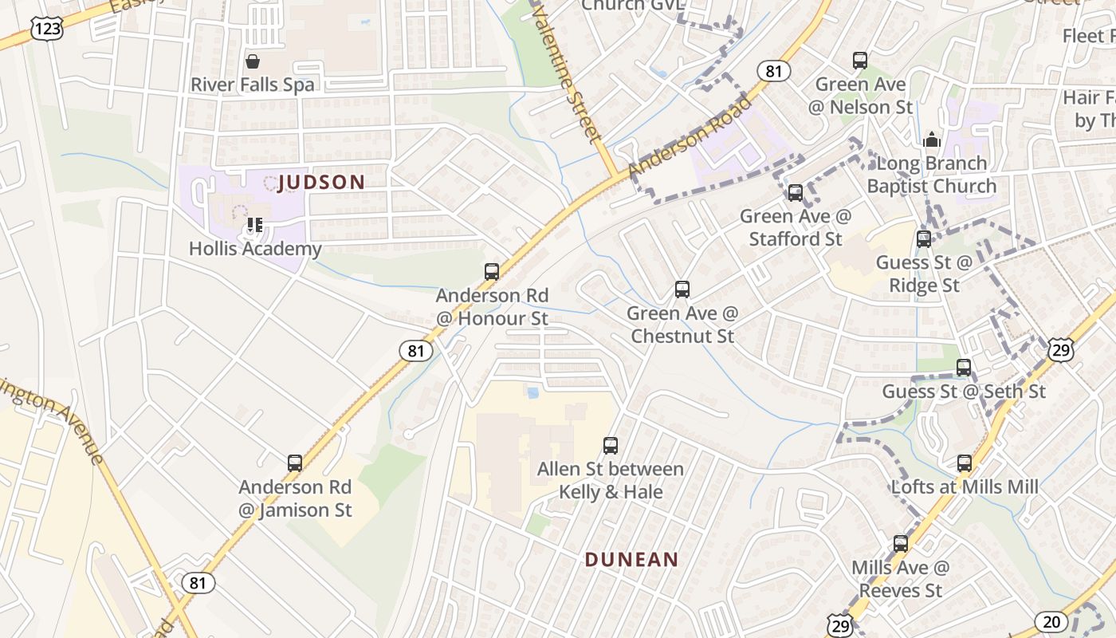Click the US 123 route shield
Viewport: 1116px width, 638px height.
(x=47, y=30)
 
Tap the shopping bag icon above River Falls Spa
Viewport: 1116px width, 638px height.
(x=253, y=61)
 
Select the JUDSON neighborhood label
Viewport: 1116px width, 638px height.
(x=321, y=183)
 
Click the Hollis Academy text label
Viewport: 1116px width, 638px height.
(x=255, y=249)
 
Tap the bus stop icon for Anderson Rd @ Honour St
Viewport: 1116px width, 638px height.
(x=492, y=272)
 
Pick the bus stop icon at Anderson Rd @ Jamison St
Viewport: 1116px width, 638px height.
(x=295, y=463)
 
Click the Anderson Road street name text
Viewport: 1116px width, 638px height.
(x=690, y=136)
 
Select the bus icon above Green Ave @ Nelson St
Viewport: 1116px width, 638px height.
(x=860, y=61)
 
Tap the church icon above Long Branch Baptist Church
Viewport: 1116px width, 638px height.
(x=931, y=140)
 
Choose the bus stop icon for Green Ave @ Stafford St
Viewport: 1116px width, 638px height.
(x=795, y=193)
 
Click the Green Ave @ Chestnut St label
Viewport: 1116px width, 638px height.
(x=682, y=325)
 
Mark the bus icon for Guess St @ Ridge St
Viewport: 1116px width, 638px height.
(x=924, y=239)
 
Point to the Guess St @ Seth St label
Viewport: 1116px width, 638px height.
(x=963, y=392)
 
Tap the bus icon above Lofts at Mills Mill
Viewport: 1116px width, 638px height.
(x=965, y=463)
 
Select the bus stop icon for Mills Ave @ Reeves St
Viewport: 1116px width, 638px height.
(x=901, y=544)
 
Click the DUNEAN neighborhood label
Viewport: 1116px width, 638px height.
(x=631, y=560)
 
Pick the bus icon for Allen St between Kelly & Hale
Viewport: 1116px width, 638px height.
(x=611, y=446)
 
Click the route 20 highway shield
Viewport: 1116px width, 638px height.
(x=1051, y=621)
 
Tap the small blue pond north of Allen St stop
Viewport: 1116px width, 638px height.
(x=532, y=392)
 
